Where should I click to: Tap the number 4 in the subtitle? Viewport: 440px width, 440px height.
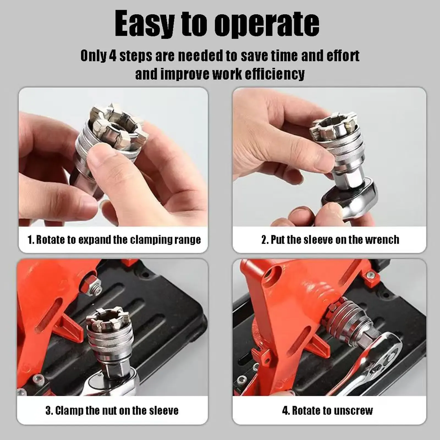coord(113,56)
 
